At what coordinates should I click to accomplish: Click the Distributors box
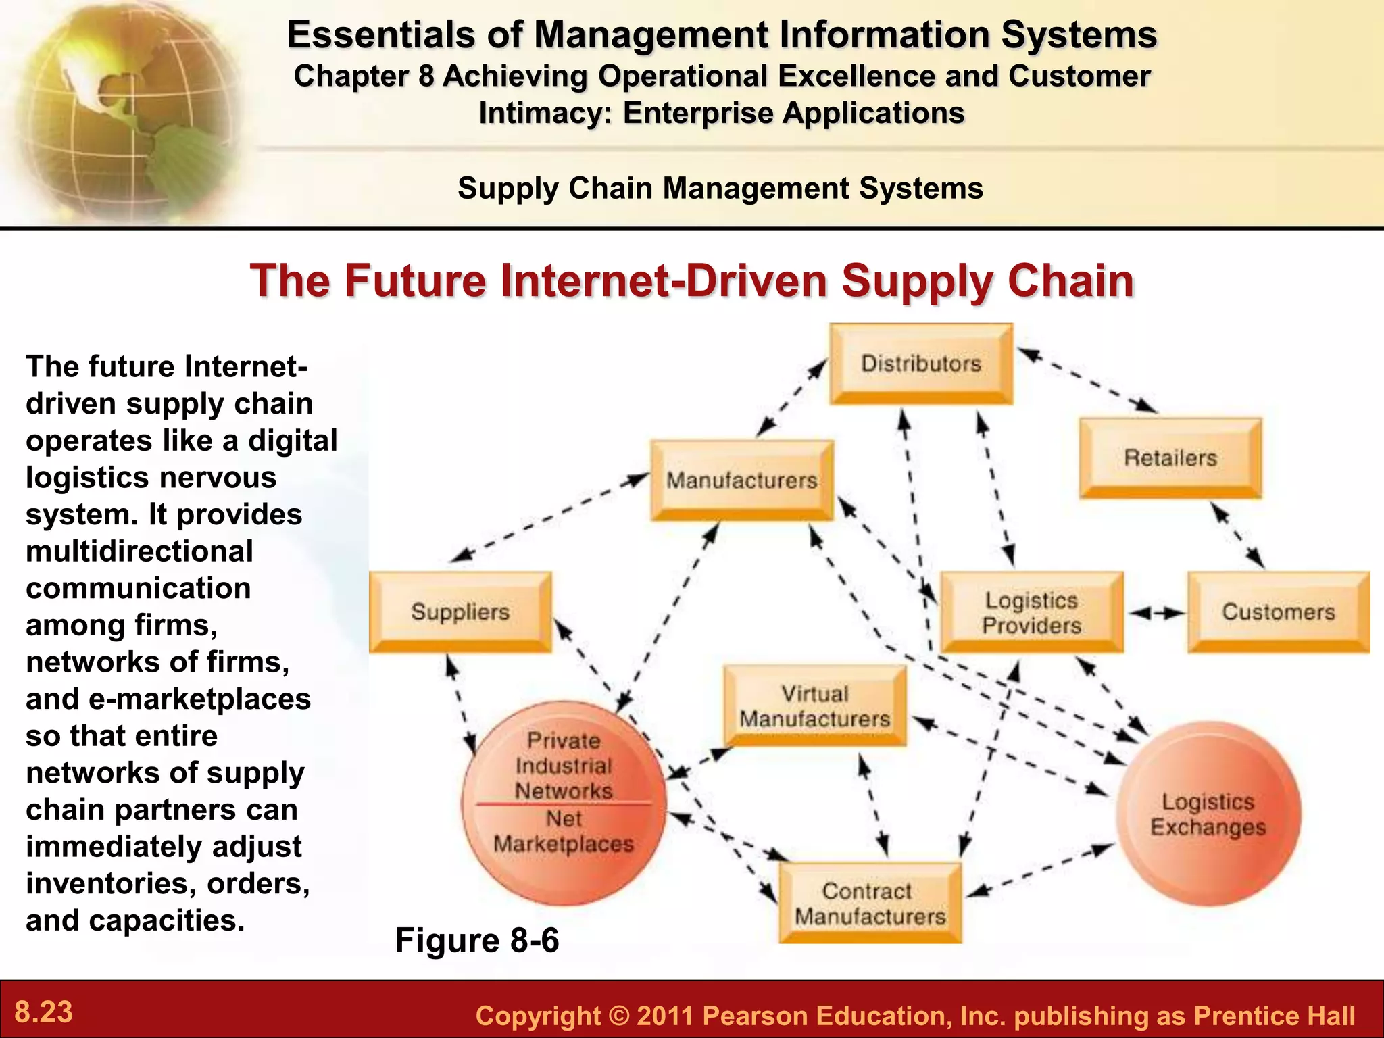pyautogui.click(x=921, y=364)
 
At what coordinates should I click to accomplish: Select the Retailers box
pyautogui.click(x=1170, y=458)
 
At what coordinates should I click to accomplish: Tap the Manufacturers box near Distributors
pyautogui.click(x=742, y=480)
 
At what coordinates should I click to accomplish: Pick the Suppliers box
pyautogui.click(x=460, y=612)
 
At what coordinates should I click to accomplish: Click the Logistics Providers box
pyautogui.click(x=1032, y=612)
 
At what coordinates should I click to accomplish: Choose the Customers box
pyautogui.click(x=1279, y=612)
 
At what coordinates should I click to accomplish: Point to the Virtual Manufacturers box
pyautogui.click(x=815, y=706)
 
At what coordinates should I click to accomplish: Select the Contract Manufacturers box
pyautogui.click(x=870, y=904)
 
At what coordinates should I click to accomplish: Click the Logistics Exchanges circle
pyautogui.click(x=1208, y=814)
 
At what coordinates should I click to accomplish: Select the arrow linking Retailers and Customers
pyautogui.click(x=1237, y=536)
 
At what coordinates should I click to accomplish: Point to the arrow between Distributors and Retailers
pyautogui.click(x=1087, y=380)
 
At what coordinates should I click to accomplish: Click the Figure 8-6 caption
pyautogui.click(x=477, y=940)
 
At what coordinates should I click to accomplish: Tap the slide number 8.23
pyautogui.click(x=44, y=1012)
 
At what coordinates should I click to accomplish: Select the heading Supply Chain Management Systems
pyautogui.click(x=720, y=188)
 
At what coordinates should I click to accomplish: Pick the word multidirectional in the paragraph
pyautogui.click(x=139, y=551)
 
